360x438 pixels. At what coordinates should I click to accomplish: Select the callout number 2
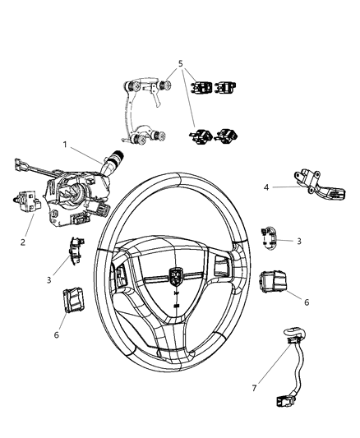(x=22, y=242)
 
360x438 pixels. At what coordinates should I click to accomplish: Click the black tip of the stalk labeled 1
(x=118, y=154)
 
